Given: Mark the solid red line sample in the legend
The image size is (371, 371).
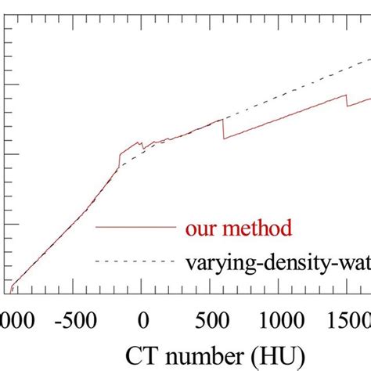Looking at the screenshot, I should pyautogui.click(x=134, y=227).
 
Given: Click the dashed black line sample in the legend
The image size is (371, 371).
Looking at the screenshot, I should pyautogui.click(x=134, y=260).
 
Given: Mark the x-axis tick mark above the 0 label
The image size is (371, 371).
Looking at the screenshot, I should pyautogui.click(x=143, y=290).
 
